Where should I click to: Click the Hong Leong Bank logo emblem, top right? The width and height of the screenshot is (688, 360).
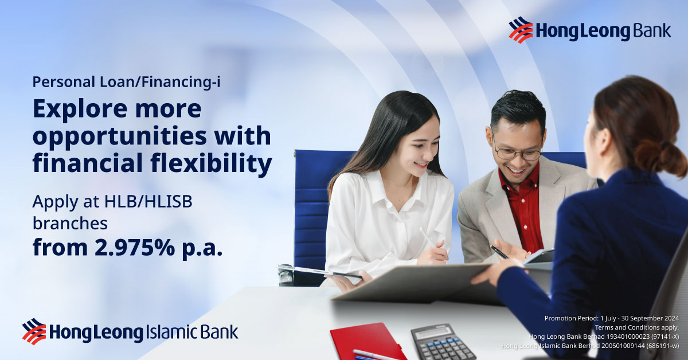520,30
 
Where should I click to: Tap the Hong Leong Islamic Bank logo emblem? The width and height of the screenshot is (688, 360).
34,331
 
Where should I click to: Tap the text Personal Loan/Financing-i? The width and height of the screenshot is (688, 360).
127,82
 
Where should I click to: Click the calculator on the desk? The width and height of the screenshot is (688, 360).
443,342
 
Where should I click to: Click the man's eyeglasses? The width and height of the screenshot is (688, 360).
518,153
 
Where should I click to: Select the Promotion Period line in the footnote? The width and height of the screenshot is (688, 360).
611,318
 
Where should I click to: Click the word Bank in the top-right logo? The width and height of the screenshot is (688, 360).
652,31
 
